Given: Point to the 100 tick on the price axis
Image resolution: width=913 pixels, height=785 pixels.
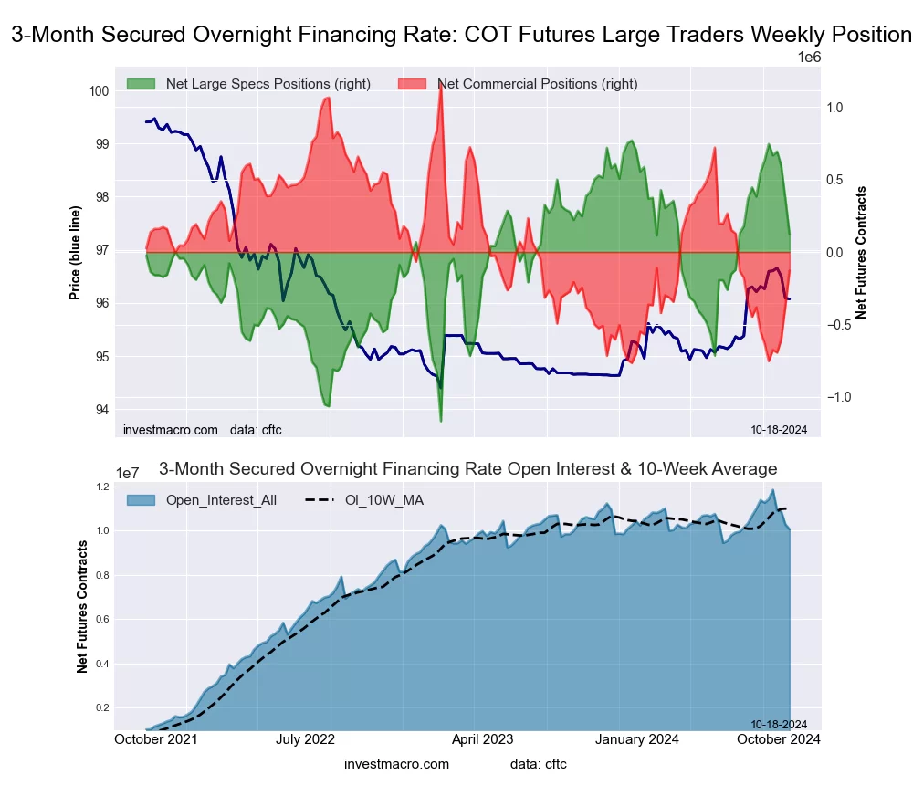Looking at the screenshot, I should point(99,90).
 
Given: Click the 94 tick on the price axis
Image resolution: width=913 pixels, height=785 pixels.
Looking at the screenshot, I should point(101,409).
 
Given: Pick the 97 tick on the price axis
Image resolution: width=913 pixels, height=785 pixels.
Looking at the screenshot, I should point(101,250).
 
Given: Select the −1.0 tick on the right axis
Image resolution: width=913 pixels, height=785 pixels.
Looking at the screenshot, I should point(845,397).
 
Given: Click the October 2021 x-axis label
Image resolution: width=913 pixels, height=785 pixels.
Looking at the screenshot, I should point(156,739).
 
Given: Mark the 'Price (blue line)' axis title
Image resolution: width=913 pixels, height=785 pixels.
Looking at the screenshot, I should point(75,251).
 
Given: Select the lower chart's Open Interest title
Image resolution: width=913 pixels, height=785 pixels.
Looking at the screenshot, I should point(467,469).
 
